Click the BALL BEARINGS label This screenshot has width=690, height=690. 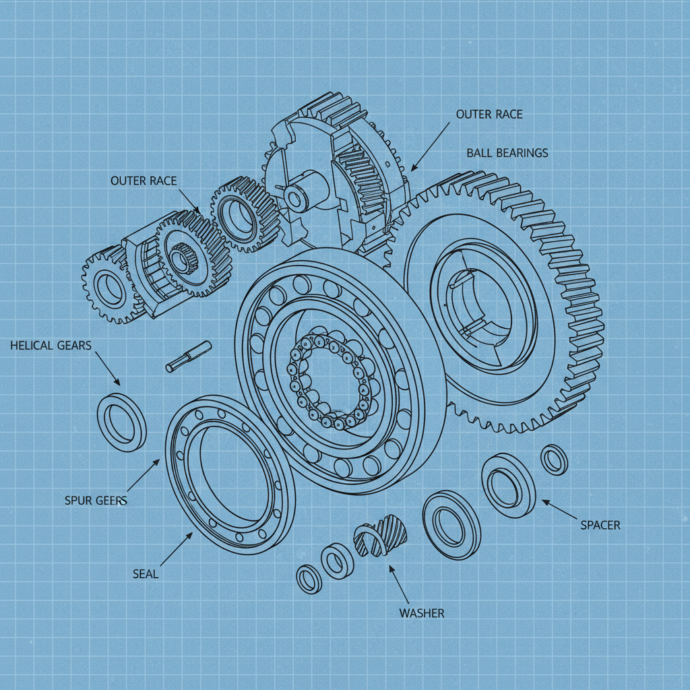[x=507, y=153]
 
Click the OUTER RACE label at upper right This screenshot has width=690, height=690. [x=489, y=114]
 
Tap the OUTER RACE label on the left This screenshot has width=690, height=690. [x=143, y=181]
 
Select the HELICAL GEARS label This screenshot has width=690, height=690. [x=51, y=346]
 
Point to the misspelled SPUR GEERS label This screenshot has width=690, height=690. [x=96, y=501]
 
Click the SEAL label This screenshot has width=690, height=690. [x=146, y=574]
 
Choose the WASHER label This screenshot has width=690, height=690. [x=421, y=613]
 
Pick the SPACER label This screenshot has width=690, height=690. [x=600, y=525]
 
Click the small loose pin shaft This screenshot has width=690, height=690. [x=189, y=356]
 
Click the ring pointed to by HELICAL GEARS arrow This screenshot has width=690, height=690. [x=122, y=422]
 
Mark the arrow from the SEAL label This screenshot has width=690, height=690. [x=175, y=548]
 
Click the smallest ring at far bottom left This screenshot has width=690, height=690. [x=309, y=579]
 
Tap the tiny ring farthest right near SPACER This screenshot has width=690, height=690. [x=555, y=460]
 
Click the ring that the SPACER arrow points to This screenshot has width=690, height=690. [x=508, y=485]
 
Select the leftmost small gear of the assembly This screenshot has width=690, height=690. [x=106, y=286]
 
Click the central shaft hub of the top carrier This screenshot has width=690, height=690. [x=297, y=195]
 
